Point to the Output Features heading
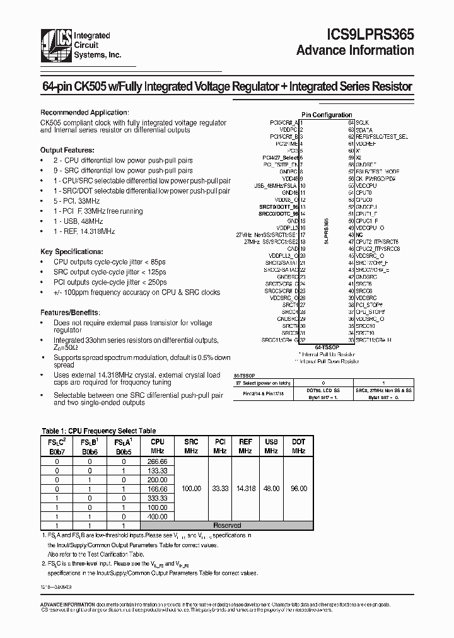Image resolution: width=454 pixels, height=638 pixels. pos(67,151)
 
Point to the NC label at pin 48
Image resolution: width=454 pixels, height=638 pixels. pos(359,235)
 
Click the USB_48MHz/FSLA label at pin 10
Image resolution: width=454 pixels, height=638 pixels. pos(276,186)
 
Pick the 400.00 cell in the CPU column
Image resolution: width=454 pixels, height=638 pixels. pos(158,516)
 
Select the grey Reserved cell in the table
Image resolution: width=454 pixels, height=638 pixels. pos(226,525)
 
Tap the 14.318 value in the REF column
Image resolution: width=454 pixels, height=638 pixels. pos(245,489)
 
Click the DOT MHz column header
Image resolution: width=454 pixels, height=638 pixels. pos(298,446)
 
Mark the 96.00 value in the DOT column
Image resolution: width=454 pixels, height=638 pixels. pos(298,489)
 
